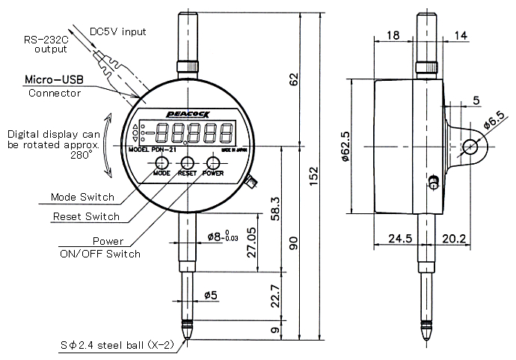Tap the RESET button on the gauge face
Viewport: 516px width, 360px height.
[187, 162]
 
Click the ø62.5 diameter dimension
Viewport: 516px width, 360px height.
[345, 147]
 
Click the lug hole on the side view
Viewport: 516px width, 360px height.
[472, 147]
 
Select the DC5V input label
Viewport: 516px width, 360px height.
[118, 31]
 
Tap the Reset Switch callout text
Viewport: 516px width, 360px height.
[85, 216]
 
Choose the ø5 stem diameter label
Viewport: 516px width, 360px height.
[210, 296]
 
